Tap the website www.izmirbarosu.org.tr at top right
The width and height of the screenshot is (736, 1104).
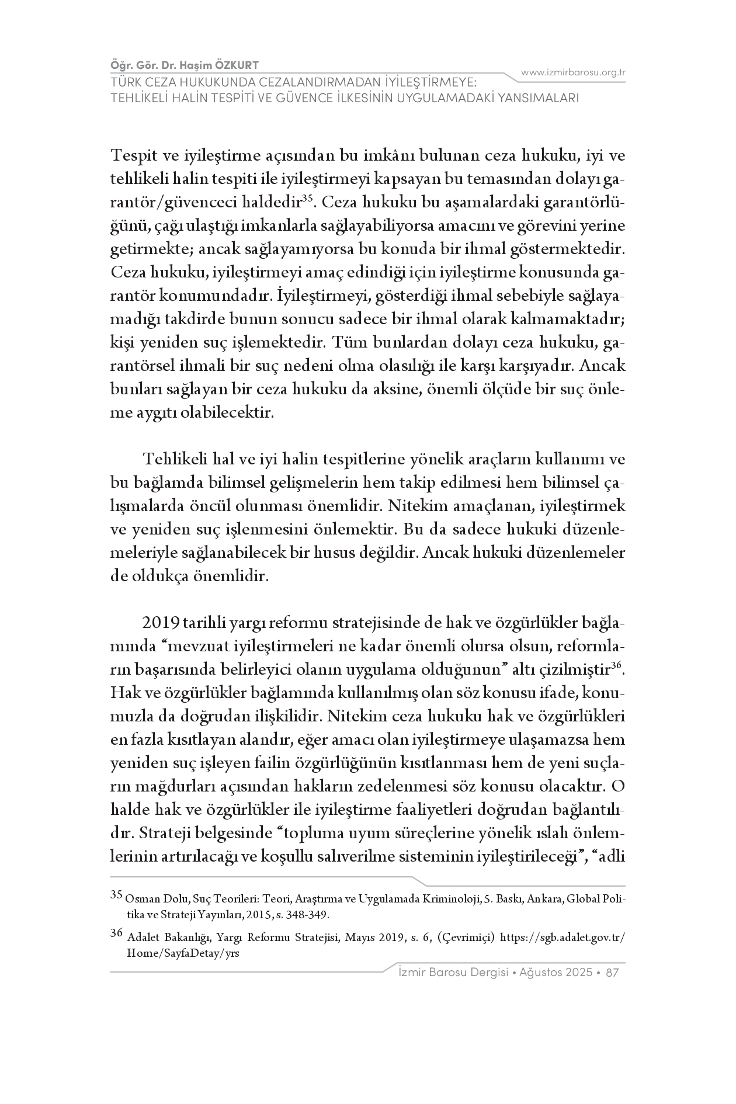tap(573, 72)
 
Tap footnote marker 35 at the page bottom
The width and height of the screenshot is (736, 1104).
tap(116, 894)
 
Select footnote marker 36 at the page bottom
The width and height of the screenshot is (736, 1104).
tap(116, 933)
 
